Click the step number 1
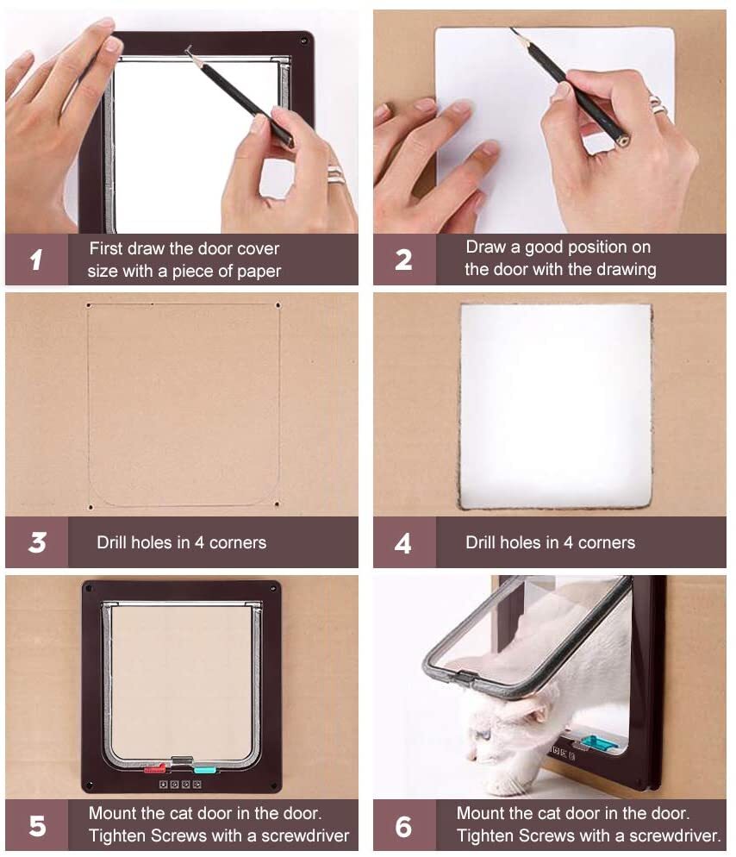[36, 260]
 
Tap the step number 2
[404, 260]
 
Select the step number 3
[37, 542]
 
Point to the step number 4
[403, 543]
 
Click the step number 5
[37, 826]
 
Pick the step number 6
[404, 826]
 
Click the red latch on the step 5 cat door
[154, 769]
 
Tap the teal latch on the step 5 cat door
[205, 770]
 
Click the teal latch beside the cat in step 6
[596, 742]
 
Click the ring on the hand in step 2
[658, 104]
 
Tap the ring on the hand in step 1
[336, 176]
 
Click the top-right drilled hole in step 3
[278, 305]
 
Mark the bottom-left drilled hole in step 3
[90, 508]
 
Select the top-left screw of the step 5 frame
[89, 589]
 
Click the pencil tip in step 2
[513, 29]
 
